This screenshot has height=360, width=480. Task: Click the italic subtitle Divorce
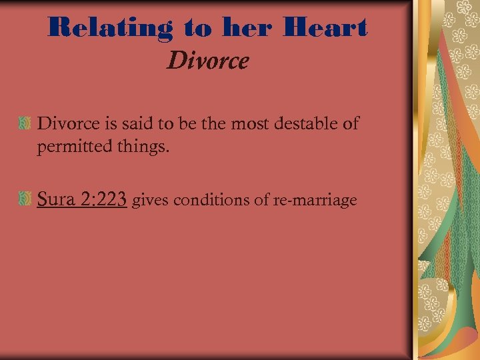coord(207,61)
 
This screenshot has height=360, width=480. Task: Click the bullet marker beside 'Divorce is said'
coord(25,123)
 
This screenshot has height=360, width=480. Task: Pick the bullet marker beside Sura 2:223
coord(25,199)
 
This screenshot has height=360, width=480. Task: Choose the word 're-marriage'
coord(315,200)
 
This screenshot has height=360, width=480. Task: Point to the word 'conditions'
coord(215,200)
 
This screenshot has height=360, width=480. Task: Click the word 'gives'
coord(150,201)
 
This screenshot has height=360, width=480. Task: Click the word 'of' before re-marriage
coord(262,200)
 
